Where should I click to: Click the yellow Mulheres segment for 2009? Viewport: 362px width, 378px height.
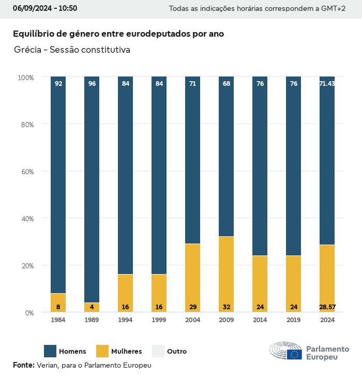pos(226,274)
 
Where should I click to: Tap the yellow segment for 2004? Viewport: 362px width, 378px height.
pos(192,278)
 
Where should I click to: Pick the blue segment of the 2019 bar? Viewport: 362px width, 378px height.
pos(293,166)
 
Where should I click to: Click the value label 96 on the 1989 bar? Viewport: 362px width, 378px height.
pos(92,84)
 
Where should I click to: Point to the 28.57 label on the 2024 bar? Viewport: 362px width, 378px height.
pos(327,307)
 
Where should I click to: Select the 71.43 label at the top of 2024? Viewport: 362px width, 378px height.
pos(327,84)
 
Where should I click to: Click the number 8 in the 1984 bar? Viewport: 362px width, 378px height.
pos(58,307)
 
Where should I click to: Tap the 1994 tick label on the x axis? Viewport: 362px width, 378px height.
pos(125,320)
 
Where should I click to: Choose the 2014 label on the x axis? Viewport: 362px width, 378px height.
pos(260,320)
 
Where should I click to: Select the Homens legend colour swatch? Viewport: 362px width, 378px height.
pos(50,351)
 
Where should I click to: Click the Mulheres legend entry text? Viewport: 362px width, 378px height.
pos(126,352)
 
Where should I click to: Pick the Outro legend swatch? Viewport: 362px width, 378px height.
pos(158,351)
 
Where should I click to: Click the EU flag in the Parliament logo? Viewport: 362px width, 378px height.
pos(295,354)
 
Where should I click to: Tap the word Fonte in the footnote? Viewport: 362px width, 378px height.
pos(23,365)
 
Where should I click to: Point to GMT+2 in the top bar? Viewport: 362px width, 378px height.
pos(334,9)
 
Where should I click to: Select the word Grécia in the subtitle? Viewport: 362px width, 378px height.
pos(27,50)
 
